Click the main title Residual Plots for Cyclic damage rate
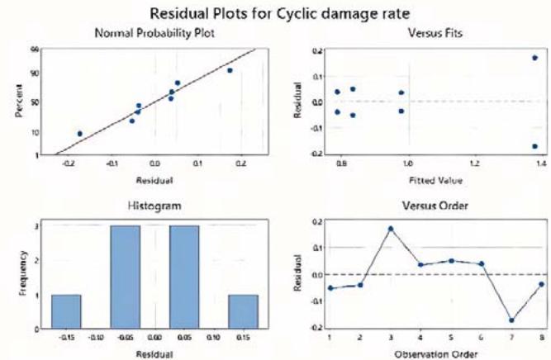(275, 14)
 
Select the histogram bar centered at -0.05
(125, 277)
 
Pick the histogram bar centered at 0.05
(183, 277)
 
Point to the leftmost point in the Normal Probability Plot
(80, 133)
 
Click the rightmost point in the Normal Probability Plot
(230, 70)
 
